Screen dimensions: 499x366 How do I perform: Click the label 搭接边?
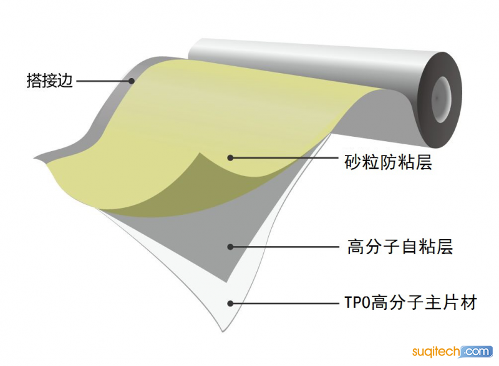click(x=50, y=81)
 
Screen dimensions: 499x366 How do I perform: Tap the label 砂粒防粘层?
click(x=388, y=162)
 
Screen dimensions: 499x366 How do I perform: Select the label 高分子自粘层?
click(x=400, y=247)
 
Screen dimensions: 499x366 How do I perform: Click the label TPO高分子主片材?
click(x=411, y=302)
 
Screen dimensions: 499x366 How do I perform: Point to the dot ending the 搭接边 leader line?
click(x=132, y=81)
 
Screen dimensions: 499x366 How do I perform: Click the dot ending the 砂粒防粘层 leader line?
click(x=230, y=157)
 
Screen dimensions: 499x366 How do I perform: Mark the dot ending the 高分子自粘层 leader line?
click(x=230, y=247)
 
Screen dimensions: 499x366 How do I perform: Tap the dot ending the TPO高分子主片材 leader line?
click(x=230, y=304)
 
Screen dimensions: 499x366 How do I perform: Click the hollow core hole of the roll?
click(x=442, y=99)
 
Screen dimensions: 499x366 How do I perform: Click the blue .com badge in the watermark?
click(x=476, y=352)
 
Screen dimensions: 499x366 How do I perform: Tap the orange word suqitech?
click(x=436, y=352)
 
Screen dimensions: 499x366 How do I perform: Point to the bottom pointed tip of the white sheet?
click(x=223, y=332)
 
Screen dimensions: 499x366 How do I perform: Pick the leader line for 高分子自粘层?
click(x=284, y=247)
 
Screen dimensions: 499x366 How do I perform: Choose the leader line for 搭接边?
click(x=104, y=81)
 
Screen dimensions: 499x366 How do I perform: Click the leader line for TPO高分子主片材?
click(x=284, y=304)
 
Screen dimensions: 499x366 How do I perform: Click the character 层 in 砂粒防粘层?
click(x=424, y=162)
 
